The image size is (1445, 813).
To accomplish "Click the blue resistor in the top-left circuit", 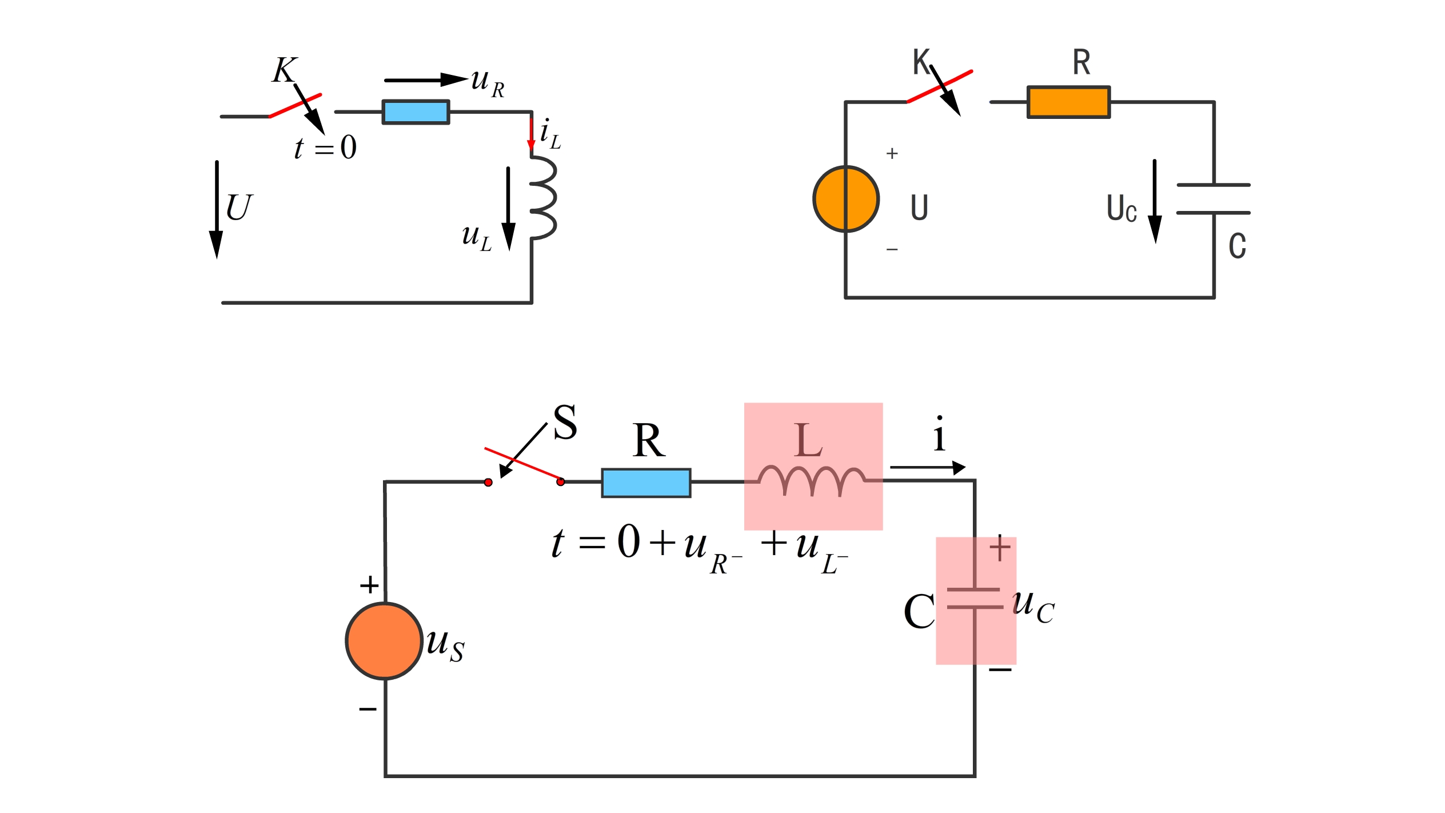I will pyautogui.click(x=416, y=112).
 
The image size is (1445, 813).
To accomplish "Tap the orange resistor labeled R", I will pyautogui.click(x=1068, y=102).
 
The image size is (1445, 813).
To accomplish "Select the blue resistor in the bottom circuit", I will pyautogui.click(x=646, y=483).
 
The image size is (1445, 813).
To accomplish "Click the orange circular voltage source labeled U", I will pyautogui.click(x=846, y=199).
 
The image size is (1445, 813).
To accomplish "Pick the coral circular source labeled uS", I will pyautogui.click(x=385, y=641).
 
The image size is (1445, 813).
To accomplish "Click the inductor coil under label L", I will pyautogui.click(x=812, y=480).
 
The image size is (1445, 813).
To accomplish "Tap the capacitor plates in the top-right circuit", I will pyautogui.click(x=1214, y=199).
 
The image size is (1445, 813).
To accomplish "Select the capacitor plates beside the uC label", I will pyautogui.click(x=975, y=598).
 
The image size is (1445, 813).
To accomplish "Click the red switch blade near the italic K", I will pyautogui.click(x=296, y=106).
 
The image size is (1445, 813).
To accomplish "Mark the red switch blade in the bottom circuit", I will pyautogui.click(x=523, y=463).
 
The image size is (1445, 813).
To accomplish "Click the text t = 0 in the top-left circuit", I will pyautogui.click(x=325, y=148).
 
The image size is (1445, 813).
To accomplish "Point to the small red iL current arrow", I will pyautogui.click(x=531, y=134).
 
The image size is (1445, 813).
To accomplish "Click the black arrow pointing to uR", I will pyautogui.click(x=425, y=80).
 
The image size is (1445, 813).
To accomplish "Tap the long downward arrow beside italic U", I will pyautogui.click(x=217, y=209).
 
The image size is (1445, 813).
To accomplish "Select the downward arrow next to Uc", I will pyautogui.click(x=1155, y=200).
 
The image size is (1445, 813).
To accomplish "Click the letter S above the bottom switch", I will pyautogui.click(x=565, y=423).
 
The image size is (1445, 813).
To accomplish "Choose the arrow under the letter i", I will pyautogui.click(x=928, y=468).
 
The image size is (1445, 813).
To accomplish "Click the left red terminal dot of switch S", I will pyautogui.click(x=488, y=483).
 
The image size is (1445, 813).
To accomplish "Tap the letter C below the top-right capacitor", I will pyautogui.click(x=1237, y=246).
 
